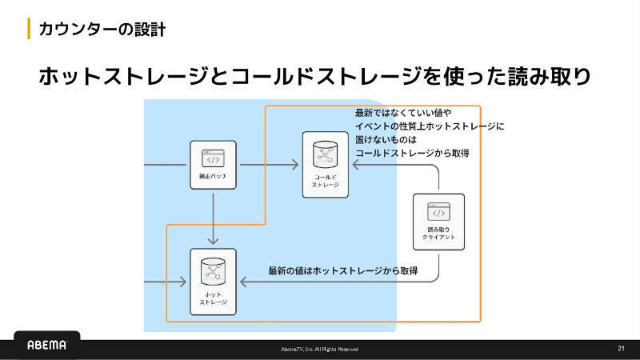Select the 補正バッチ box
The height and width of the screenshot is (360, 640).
[x=213, y=166]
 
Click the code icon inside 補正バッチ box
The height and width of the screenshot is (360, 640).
[x=213, y=158]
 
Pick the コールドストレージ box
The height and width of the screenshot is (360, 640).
[x=326, y=164]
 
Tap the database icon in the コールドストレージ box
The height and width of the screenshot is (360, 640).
[x=326, y=154]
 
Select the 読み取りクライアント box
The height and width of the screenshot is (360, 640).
[x=438, y=218]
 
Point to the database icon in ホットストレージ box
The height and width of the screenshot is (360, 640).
[x=214, y=270]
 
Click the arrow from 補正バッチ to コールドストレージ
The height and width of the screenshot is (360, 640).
[x=268, y=166]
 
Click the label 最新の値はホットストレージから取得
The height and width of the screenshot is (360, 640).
[x=343, y=271]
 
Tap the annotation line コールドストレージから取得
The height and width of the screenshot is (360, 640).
[x=412, y=153]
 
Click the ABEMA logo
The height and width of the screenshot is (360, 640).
[x=47, y=346]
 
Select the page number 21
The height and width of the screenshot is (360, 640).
[x=621, y=348]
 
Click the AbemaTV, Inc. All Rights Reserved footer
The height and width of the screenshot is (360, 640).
[x=320, y=350]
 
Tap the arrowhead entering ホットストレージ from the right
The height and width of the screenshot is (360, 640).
[x=244, y=281]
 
